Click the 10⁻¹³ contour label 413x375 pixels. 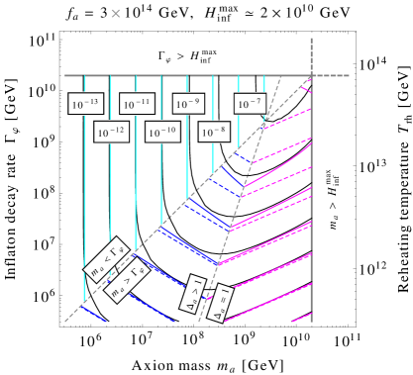(x=85, y=103)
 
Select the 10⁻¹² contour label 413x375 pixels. (x=112, y=131)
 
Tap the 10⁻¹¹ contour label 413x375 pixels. (x=137, y=103)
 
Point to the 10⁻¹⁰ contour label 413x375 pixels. (x=162, y=131)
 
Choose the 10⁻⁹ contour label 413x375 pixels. (x=188, y=103)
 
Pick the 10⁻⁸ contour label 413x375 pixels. (x=215, y=131)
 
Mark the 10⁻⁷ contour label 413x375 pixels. (x=249, y=103)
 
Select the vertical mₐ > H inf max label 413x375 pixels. (x=330, y=199)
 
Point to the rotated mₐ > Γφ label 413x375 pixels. (x=126, y=279)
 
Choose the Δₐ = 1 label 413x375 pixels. (x=222, y=302)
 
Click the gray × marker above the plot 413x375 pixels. (x=116, y=13)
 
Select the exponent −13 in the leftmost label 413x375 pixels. (x=91, y=100)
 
